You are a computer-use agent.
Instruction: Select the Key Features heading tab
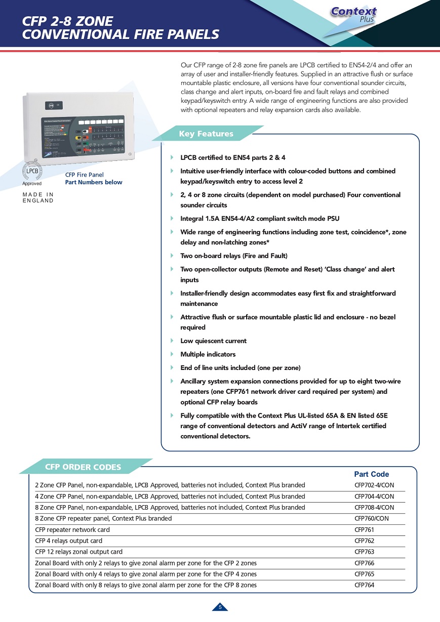206,134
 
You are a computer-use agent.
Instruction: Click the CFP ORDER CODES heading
83,467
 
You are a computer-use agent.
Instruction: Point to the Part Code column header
371,474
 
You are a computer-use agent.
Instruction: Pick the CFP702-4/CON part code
374,485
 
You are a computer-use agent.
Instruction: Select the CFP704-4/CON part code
374,496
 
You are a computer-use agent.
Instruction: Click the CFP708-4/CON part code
374,508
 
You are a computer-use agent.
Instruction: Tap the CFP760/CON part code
372,519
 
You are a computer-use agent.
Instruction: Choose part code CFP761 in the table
364,530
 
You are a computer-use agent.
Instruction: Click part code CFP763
364,552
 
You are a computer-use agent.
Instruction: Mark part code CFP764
364,586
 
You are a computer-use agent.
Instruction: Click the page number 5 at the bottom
220,607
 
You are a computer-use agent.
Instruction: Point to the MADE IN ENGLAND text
38,197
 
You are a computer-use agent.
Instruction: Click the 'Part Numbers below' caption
94,182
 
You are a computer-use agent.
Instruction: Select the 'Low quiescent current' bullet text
213,341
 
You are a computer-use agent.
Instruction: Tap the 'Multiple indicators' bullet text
208,354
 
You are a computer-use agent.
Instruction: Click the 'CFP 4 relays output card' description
68,541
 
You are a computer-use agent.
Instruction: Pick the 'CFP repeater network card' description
72,530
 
